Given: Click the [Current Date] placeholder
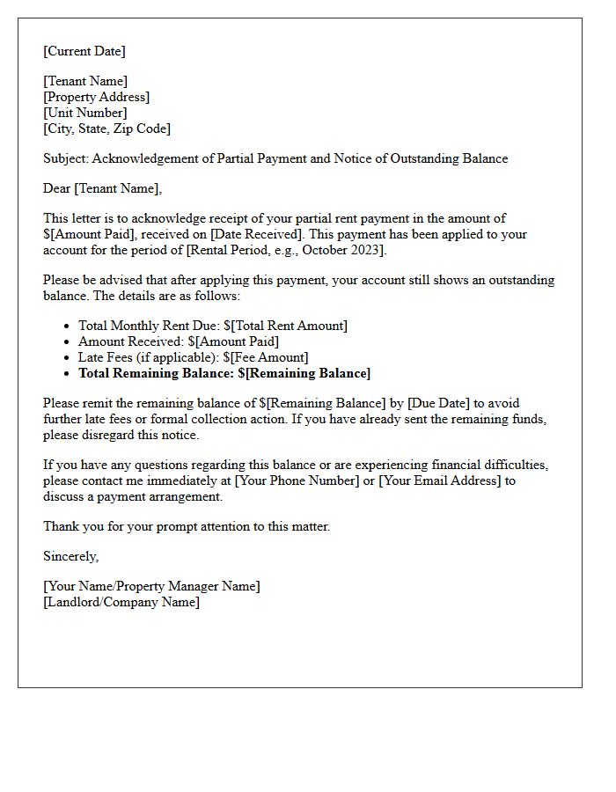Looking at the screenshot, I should tap(84, 51).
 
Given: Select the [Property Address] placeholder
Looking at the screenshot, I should tap(96, 97).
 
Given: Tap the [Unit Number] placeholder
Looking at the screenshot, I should tap(84, 113).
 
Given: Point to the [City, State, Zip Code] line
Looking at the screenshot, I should tap(106, 128).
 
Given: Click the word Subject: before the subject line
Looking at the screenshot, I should tap(66, 158).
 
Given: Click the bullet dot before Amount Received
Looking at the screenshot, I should tap(67, 342).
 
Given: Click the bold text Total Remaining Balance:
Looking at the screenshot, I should tap(156, 373).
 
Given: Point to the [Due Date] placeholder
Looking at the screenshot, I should tap(438, 403).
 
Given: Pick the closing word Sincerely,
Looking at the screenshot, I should tap(71, 556).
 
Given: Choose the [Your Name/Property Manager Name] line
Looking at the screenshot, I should tap(151, 586).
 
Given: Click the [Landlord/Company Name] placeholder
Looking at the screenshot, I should tap(121, 602).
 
